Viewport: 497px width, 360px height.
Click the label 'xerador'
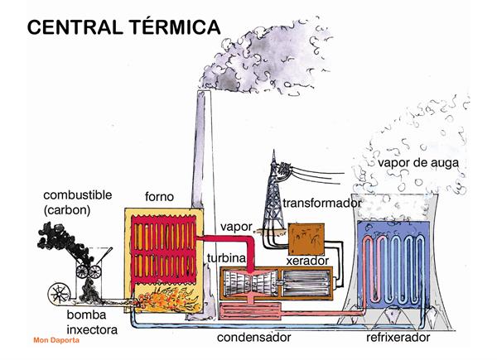tap(307, 262)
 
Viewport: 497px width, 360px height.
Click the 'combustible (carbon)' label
tap(79, 203)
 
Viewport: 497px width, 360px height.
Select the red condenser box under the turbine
tap(257, 313)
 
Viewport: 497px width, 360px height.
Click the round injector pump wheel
tap(61, 290)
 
